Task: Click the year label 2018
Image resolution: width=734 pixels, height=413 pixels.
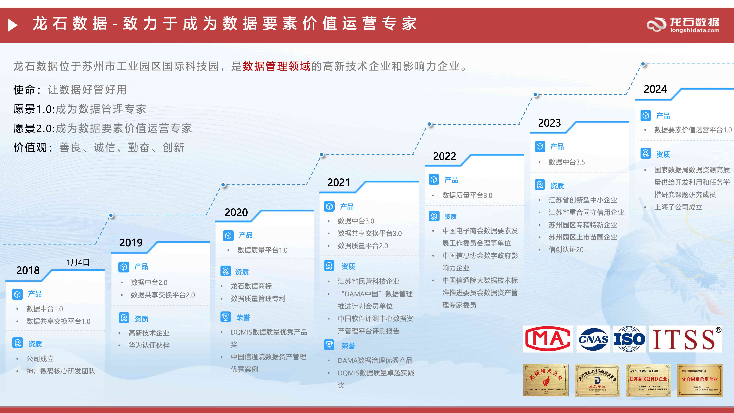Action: [x=28, y=270]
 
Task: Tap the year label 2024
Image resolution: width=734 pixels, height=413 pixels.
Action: [x=655, y=89]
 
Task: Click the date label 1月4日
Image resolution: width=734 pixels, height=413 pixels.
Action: [x=78, y=262]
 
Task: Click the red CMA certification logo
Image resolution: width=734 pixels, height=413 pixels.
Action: [x=548, y=339]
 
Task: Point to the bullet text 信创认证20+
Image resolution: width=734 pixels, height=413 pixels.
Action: [x=568, y=250]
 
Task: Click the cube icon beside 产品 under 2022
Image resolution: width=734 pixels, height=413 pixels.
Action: [x=434, y=180]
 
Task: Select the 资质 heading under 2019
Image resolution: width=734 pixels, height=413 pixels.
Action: [x=141, y=319]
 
